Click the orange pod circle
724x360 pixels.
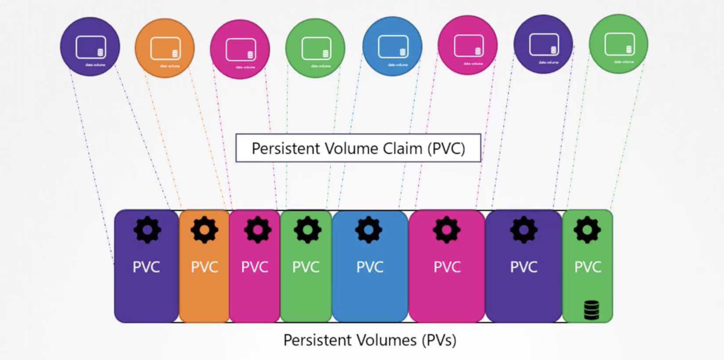click(164, 48)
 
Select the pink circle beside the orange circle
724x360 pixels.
click(240, 49)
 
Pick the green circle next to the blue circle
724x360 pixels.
click(315, 48)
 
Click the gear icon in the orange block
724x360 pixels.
click(204, 230)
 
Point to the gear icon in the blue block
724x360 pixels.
click(369, 230)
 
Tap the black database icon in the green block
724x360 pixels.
click(591, 310)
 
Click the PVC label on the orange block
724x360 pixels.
click(204, 267)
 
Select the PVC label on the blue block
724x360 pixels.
click(369, 267)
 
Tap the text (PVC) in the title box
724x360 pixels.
click(446, 148)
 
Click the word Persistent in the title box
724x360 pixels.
click(286, 148)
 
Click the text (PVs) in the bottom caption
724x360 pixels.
click(438, 340)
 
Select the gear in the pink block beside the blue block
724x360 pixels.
click(446, 230)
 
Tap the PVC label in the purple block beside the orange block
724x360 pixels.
click(146, 267)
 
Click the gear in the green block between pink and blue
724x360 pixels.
click(307, 230)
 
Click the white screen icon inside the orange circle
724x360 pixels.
click(165, 48)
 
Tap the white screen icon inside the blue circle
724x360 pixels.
click(393, 46)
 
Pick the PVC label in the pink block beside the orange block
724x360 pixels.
click(254, 267)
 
